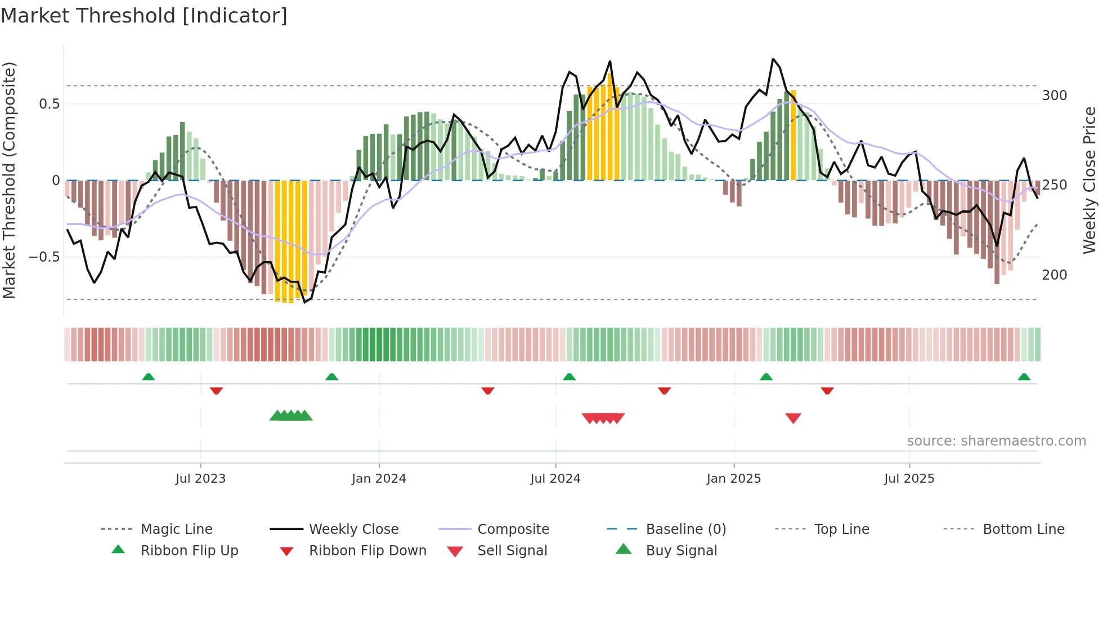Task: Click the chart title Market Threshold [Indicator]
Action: (x=144, y=16)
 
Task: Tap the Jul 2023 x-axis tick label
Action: (x=200, y=479)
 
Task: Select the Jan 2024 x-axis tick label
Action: (x=379, y=479)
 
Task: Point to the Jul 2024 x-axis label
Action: (x=555, y=479)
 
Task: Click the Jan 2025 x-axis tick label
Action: (x=734, y=479)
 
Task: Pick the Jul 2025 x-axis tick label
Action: (x=909, y=479)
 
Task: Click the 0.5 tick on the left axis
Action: (x=49, y=104)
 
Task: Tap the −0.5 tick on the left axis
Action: (x=44, y=257)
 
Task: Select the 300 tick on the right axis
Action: (x=1054, y=96)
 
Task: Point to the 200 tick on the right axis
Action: (x=1054, y=275)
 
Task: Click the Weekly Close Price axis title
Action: (x=1089, y=180)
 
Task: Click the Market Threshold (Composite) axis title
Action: (x=9, y=180)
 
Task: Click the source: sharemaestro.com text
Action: (x=996, y=441)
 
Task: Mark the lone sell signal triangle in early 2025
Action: (x=793, y=418)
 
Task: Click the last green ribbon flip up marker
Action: (x=1024, y=377)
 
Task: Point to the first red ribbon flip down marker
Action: (x=216, y=390)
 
